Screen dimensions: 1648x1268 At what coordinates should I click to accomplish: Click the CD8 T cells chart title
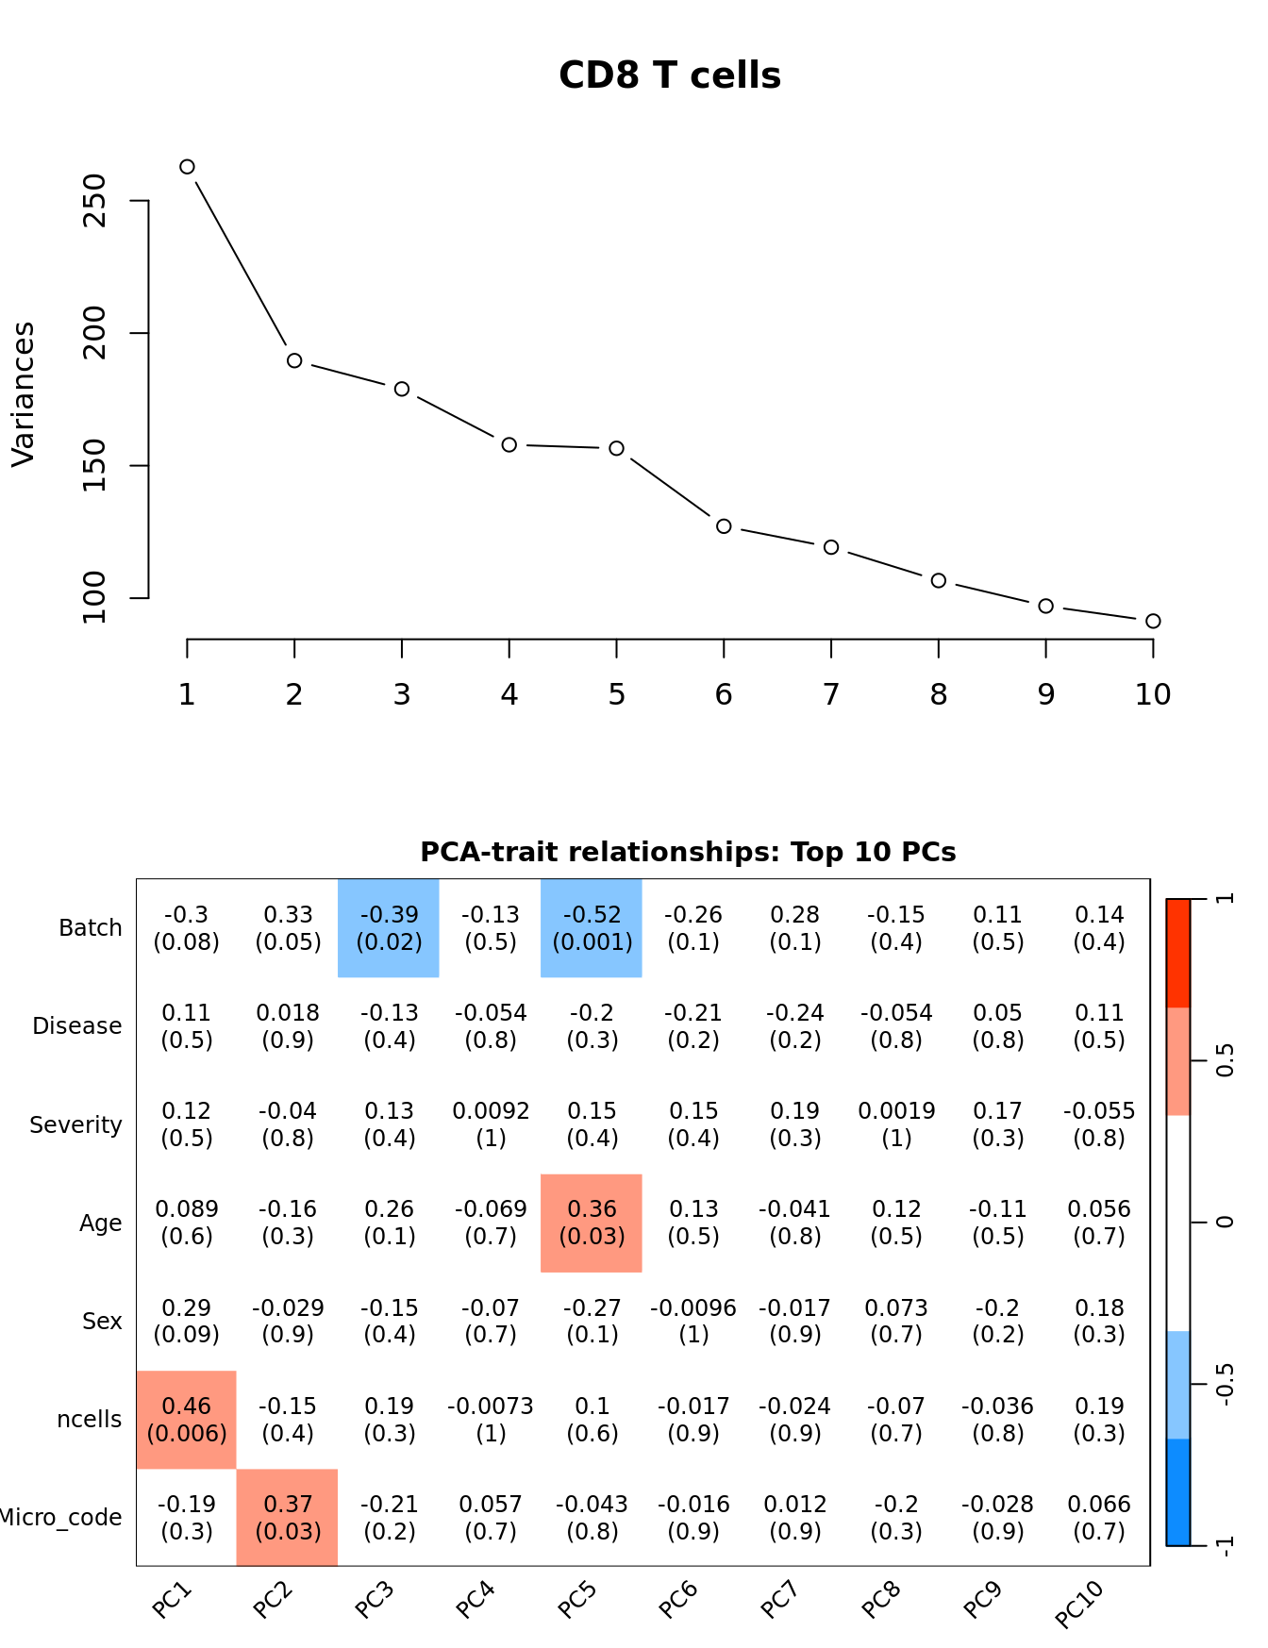[669, 75]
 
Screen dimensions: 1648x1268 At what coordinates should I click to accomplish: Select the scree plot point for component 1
[187, 167]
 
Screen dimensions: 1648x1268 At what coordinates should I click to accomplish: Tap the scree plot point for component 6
[724, 526]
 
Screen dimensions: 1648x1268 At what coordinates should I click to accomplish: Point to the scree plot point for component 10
[1153, 621]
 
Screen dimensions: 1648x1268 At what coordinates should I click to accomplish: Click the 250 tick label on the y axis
[95, 201]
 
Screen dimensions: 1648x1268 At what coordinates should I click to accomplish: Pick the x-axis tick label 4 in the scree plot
[509, 695]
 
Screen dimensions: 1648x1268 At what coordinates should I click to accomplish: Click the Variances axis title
[24, 394]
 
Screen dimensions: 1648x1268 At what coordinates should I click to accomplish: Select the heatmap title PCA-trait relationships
[688, 852]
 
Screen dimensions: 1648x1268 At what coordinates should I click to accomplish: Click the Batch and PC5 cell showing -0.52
[592, 928]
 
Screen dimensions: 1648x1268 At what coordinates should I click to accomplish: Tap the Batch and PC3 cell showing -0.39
[389, 928]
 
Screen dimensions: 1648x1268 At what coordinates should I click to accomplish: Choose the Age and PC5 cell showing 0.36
[592, 1223]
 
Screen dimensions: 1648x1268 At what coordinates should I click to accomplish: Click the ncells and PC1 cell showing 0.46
[187, 1420]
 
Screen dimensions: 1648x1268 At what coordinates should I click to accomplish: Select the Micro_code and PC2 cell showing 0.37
[288, 1518]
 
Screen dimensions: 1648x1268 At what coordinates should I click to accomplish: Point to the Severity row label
[75, 1125]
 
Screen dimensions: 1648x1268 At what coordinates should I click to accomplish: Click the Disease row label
[77, 1026]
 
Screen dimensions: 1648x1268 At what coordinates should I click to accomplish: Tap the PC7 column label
[779, 1600]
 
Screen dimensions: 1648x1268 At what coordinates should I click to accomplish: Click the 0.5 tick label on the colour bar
[1225, 1061]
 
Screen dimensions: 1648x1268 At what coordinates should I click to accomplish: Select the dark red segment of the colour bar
[1178, 953]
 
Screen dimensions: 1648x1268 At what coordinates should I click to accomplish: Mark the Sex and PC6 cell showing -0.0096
[693, 1321]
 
